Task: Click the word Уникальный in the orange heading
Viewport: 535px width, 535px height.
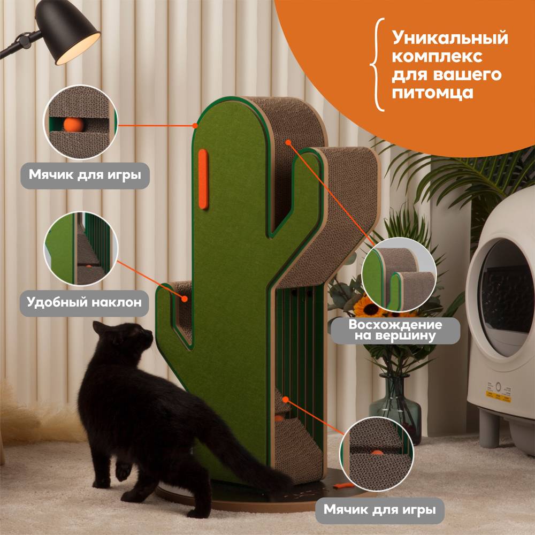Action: pos(450,38)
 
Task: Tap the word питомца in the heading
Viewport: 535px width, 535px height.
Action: pos(432,93)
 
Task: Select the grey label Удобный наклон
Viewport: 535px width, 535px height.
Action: pos(85,303)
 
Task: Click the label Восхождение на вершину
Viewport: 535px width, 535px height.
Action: pos(395,330)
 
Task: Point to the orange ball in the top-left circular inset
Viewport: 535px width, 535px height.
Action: pos(74,125)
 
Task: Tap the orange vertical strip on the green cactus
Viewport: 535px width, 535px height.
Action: pos(203,179)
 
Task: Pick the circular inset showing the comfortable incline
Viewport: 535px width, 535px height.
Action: pos(81,248)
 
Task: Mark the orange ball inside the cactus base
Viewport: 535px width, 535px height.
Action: pos(279,418)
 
